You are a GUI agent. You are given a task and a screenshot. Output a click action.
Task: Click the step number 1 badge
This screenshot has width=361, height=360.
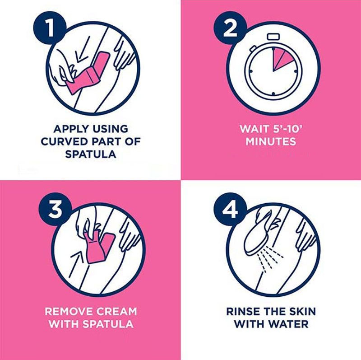(x=50, y=29)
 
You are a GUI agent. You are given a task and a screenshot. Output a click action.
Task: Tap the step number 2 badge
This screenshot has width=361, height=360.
(x=230, y=29)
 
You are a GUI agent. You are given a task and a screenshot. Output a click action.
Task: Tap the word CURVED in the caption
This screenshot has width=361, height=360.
(x=64, y=141)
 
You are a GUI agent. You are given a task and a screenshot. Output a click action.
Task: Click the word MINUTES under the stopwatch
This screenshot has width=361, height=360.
(x=271, y=141)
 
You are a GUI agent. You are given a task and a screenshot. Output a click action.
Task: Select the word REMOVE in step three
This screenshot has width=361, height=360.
(x=69, y=312)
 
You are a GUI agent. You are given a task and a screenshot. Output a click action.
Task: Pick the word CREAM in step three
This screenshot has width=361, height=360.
(x=117, y=312)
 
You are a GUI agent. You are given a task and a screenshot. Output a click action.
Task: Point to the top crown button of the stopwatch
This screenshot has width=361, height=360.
(x=273, y=37)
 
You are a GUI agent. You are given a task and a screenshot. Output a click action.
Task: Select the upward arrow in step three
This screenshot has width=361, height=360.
(x=77, y=264)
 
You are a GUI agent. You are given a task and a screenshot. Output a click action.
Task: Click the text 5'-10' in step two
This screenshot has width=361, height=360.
(x=287, y=129)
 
